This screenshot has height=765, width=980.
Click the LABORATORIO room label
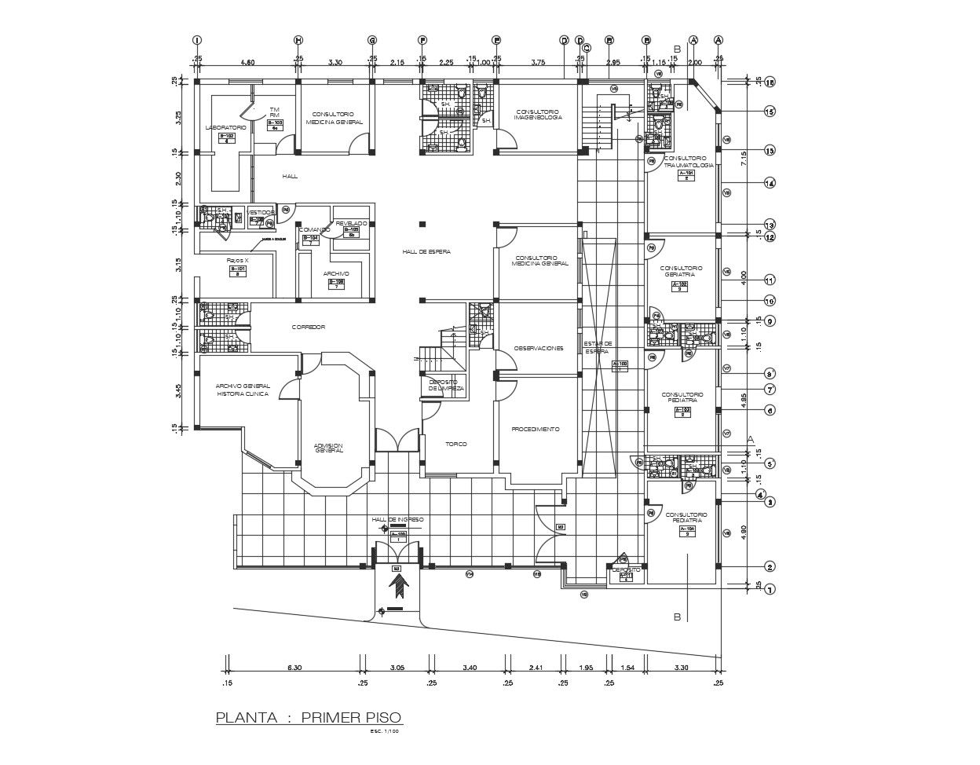pyautogui.click(x=225, y=127)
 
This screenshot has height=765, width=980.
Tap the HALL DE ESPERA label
pyautogui.click(x=426, y=251)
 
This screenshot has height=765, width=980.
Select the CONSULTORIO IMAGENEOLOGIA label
pyautogui.click(x=538, y=115)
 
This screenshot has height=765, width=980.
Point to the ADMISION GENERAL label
pyautogui.click(x=329, y=448)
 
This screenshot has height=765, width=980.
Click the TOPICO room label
pyautogui.click(x=456, y=444)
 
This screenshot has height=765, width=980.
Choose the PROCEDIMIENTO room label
pyautogui.click(x=535, y=430)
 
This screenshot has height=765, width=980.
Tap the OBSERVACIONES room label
pyautogui.click(x=539, y=348)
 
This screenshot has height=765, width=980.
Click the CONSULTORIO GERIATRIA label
pyautogui.click(x=681, y=271)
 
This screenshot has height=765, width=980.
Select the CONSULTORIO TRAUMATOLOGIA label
pyautogui.click(x=689, y=161)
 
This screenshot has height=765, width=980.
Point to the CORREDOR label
pyautogui.click(x=308, y=327)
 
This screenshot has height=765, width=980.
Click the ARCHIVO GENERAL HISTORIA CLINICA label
pyautogui.click(x=243, y=390)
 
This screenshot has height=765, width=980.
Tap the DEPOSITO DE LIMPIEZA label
pyautogui.click(x=446, y=385)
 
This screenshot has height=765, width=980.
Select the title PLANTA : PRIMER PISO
pyautogui.click(x=309, y=717)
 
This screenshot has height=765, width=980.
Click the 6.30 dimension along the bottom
pyautogui.click(x=294, y=668)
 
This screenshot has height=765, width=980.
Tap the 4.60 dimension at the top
pyautogui.click(x=247, y=61)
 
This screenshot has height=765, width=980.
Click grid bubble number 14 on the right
pyautogui.click(x=770, y=183)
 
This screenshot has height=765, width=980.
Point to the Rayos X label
pyautogui.click(x=237, y=260)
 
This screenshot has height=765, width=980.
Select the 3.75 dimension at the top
pyautogui.click(x=538, y=61)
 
